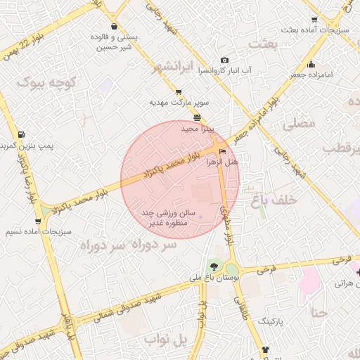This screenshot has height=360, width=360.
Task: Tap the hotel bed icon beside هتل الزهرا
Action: pos(223,151)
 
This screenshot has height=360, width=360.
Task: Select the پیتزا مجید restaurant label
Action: pos(196,129)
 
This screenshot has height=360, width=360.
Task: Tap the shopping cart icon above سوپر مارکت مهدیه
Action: pos(178,91)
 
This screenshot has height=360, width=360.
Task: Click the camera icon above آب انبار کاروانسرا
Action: pos(224,60)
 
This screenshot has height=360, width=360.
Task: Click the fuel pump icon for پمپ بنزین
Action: pos(21,134)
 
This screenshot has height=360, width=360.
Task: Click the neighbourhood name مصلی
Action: pos(299,124)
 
